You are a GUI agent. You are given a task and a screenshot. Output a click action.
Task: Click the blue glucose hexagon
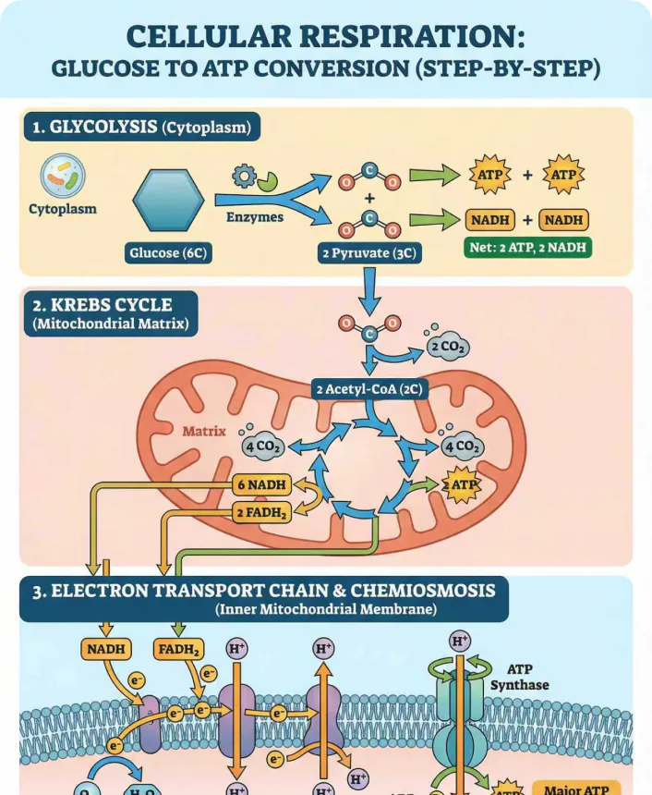tap(169, 200)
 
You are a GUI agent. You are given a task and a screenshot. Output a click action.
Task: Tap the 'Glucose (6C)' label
tap(169, 251)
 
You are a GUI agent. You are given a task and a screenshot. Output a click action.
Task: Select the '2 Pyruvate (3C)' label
tap(369, 251)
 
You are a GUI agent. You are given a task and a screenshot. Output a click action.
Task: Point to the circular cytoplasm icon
tap(63, 176)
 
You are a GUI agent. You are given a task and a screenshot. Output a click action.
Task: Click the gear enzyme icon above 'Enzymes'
tap(244, 175)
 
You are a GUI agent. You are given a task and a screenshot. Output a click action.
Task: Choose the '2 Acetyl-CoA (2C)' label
tap(368, 389)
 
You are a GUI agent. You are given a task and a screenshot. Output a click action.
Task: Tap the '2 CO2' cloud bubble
tap(448, 348)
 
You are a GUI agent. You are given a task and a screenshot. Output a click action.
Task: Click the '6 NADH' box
tap(262, 484)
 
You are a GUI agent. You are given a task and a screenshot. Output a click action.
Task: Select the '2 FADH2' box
tap(261, 511)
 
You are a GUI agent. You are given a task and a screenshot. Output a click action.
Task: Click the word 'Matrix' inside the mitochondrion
tap(204, 431)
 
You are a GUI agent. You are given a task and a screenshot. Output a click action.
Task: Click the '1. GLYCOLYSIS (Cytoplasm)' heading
tap(141, 128)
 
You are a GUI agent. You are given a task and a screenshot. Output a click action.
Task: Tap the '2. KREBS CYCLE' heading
tap(103, 303)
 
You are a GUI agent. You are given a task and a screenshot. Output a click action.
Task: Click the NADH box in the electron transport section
tap(106, 649)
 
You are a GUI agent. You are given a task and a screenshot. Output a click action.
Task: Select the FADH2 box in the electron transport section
tap(178, 649)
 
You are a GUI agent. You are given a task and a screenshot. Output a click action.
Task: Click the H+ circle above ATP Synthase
tap(459, 640)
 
